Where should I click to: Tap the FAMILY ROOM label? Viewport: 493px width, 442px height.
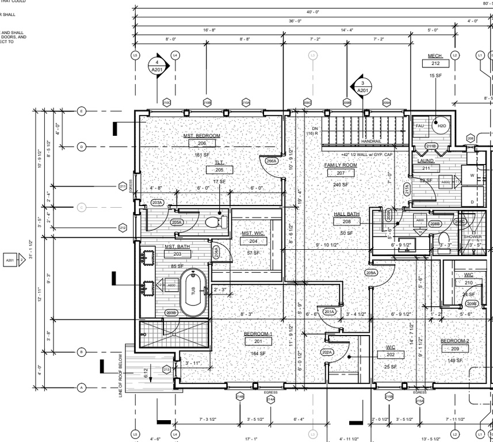340,165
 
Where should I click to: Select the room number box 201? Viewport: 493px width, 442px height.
258,341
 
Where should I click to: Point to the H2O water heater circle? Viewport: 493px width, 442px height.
441,125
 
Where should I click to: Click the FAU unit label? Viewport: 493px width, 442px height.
420,125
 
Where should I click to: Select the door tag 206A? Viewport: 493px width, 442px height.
272,161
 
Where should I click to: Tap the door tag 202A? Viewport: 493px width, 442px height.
327,352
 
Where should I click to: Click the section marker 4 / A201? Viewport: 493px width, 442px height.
156,66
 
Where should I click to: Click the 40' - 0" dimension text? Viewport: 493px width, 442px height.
312,12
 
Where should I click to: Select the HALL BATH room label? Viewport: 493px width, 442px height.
346,214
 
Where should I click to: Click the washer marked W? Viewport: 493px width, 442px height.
472,176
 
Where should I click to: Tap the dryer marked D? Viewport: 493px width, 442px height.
472,202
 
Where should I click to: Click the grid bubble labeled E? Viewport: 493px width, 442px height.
81,111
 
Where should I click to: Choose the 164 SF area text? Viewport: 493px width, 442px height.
258,353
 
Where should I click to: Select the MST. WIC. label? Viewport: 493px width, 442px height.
253,233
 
